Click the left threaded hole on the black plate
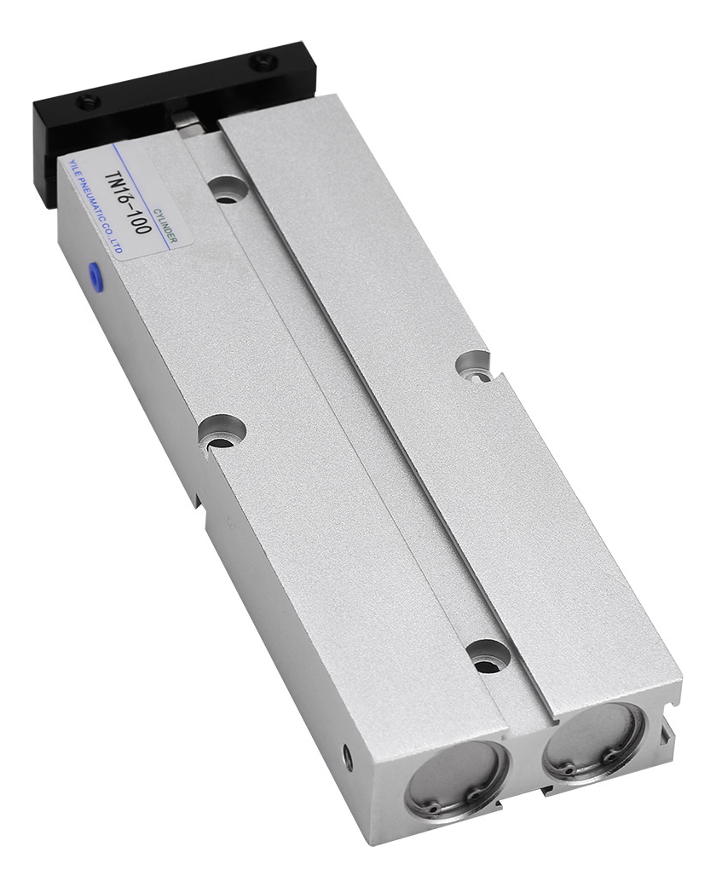click(91, 102)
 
